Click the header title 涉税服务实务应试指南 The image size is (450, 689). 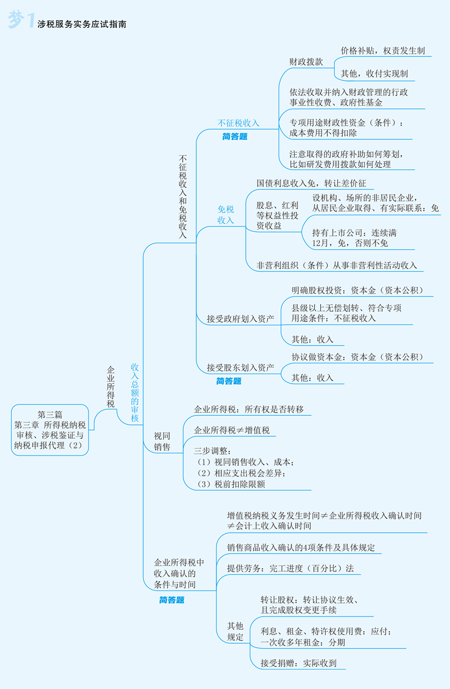tap(82, 24)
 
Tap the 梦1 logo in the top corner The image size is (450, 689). tap(21, 21)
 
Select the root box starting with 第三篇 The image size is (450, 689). tap(50, 430)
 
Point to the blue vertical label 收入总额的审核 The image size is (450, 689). tap(135, 392)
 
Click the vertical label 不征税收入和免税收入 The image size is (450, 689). tap(183, 197)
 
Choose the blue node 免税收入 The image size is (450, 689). tap(226, 214)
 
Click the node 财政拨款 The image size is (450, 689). tap(306, 62)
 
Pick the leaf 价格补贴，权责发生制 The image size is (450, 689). tap(382, 50)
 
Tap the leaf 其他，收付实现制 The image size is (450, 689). tap(374, 73)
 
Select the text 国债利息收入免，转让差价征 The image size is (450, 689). tap(311, 183)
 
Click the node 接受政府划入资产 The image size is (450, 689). tap(241, 319)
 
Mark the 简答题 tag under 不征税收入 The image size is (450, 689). tap(235, 137)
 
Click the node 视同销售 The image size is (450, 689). tap(162, 441)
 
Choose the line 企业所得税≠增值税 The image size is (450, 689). tap(231, 430)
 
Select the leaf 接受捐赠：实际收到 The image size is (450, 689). tap(298, 663)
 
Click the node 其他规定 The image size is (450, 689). tap(235, 631)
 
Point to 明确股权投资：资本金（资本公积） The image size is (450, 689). tap(357, 290)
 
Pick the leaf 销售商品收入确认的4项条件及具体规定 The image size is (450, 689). tap(301, 548)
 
